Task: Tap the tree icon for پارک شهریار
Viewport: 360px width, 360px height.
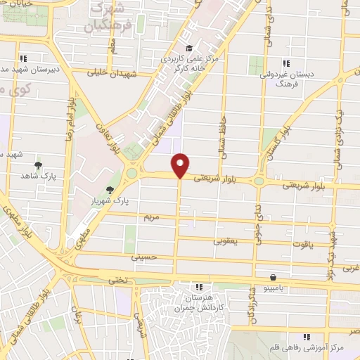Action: (x=109, y=190)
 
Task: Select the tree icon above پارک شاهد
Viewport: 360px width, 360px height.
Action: (x=37, y=165)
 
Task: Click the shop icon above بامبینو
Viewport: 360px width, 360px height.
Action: (x=273, y=276)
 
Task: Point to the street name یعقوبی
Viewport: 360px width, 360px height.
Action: (x=225, y=240)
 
